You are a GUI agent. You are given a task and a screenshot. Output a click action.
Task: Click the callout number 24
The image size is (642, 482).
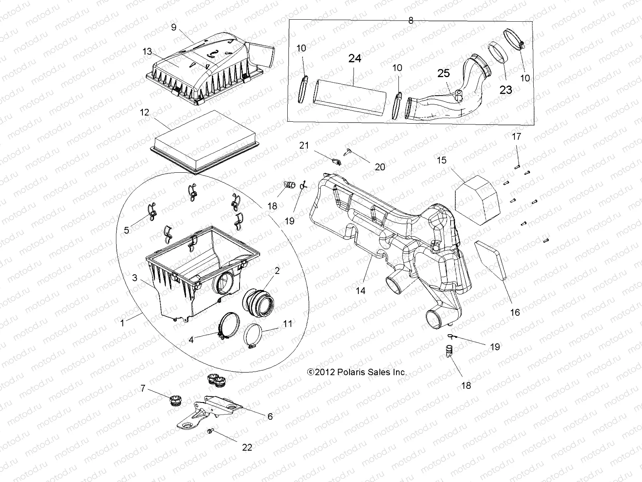[x=355, y=59]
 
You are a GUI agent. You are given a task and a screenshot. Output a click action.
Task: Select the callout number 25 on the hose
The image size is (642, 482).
[x=443, y=74]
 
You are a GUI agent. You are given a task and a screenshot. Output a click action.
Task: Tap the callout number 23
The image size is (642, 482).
[x=506, y=90]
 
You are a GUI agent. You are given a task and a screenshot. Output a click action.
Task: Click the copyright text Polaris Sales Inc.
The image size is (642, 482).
[x=357, y=372]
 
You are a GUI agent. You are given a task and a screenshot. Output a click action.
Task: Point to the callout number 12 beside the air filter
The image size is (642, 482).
[x=144, y=112]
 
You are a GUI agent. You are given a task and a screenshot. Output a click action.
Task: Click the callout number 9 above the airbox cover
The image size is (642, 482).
[x=173, y=27]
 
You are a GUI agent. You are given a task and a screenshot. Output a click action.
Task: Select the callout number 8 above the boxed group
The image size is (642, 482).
[x=410, y=20]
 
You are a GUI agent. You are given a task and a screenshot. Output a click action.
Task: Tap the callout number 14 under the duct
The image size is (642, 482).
[x=361, y=290]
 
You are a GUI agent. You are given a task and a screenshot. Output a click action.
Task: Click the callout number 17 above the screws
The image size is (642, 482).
[x=516, y=137]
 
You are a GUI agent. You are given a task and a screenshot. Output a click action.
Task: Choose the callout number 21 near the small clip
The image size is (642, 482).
[x=304, y=145]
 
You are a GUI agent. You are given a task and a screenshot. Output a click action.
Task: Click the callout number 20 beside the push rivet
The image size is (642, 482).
[x=380, y=167]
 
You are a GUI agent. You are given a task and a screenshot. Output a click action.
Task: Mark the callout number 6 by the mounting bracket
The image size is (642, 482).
[x=270, y=417]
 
